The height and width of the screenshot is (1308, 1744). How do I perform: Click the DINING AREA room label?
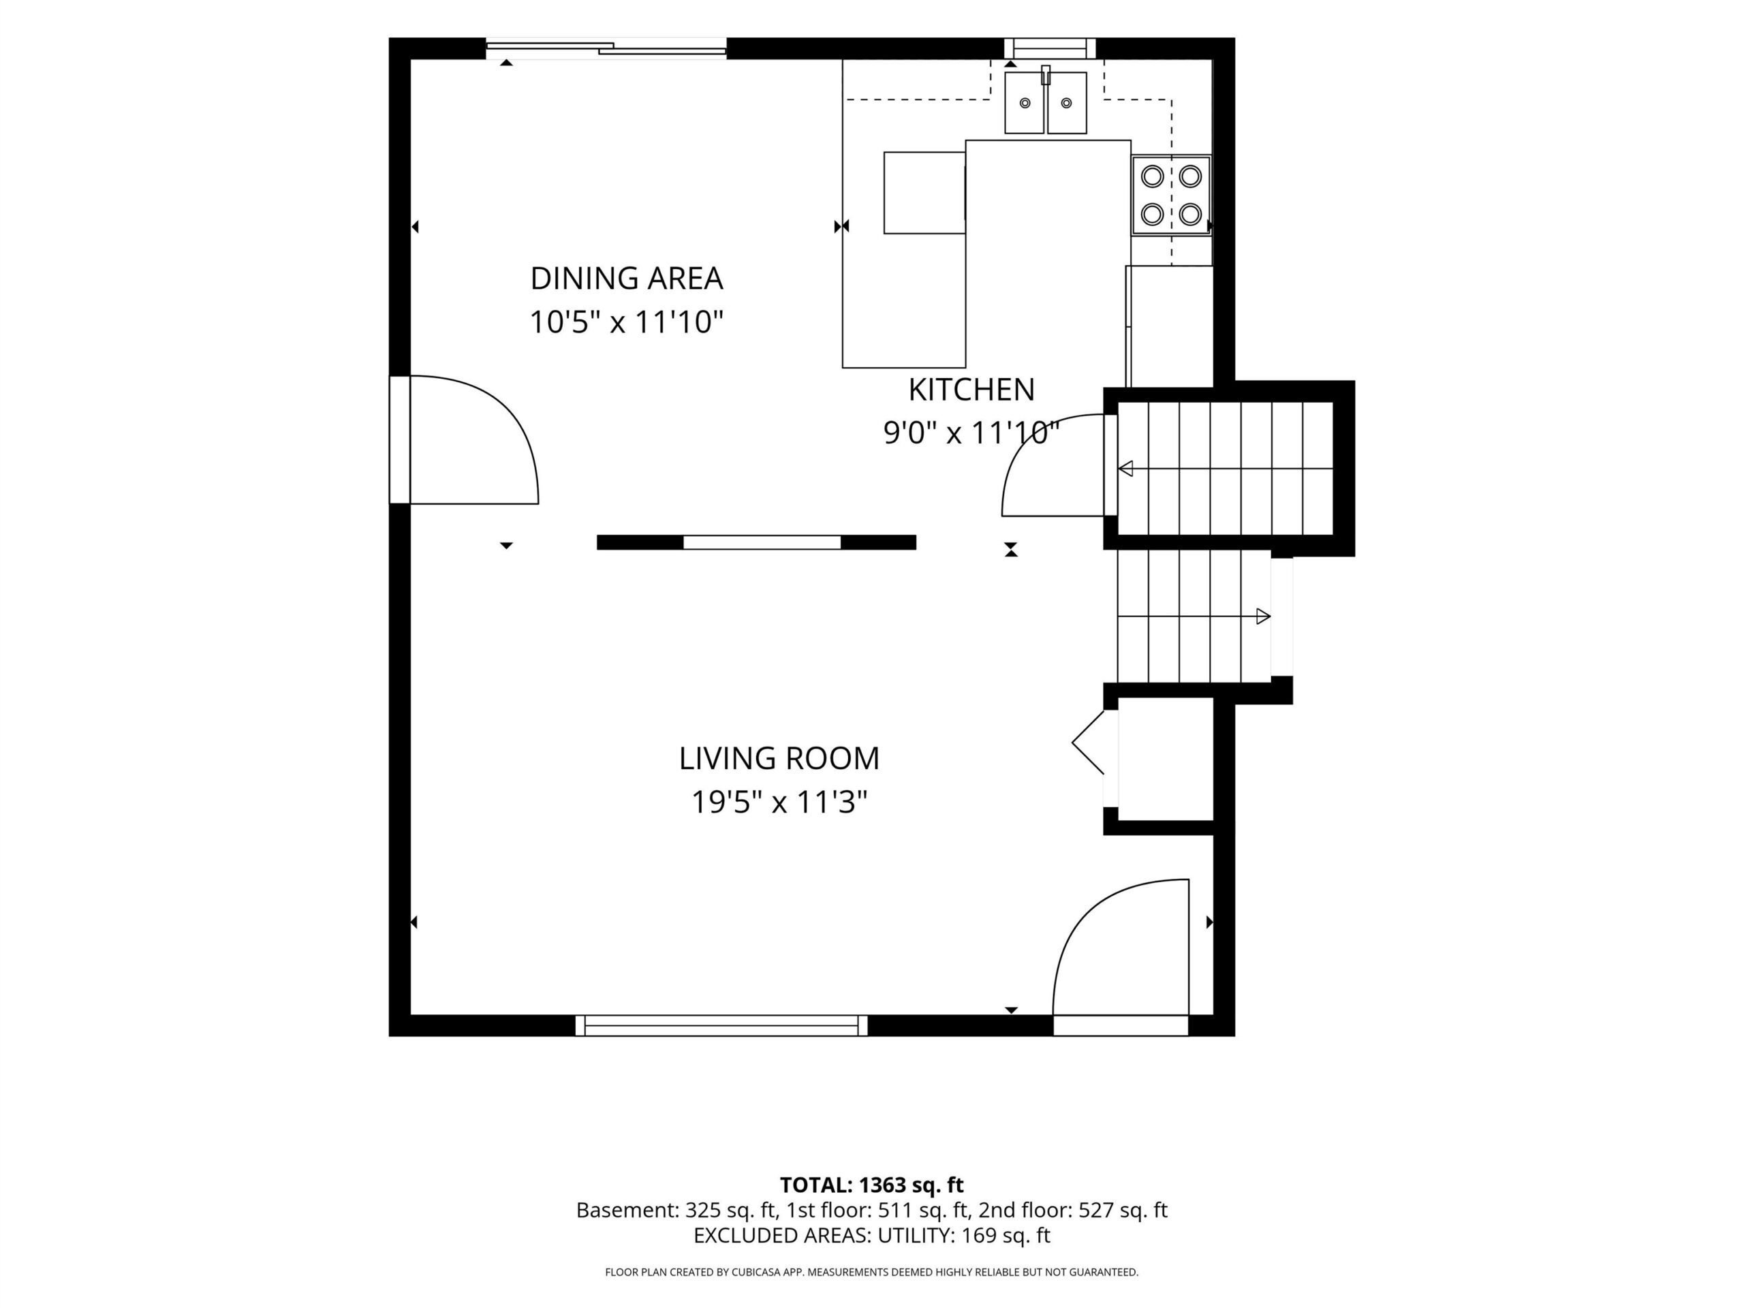626,279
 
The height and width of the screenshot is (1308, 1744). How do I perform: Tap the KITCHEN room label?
971,390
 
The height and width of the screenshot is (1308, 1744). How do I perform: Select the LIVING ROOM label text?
779,758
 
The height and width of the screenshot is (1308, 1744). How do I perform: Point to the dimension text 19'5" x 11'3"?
779,803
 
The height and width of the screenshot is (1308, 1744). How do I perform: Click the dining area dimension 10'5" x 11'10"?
626,322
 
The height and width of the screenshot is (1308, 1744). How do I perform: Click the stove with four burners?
1171,195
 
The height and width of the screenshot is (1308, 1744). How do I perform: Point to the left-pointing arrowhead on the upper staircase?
1126,469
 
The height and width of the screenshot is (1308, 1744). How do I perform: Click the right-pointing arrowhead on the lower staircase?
1263,617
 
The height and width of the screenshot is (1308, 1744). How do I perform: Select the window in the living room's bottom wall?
721,1026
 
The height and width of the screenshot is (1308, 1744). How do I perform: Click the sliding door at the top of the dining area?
606,49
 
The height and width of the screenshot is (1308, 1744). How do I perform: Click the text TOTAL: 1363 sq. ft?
871,1185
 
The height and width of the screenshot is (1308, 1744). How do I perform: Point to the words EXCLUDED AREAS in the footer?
781,1236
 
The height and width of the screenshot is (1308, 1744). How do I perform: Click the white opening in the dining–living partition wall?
762,542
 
